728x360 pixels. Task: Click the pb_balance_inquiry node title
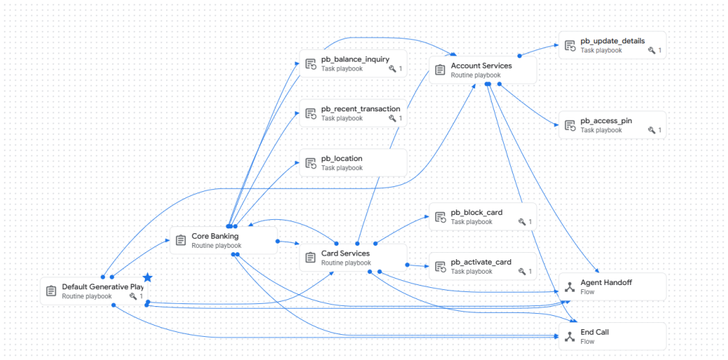pos(355,59)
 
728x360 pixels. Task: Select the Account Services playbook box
pos(483,70)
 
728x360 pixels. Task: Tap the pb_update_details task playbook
pos(612,46)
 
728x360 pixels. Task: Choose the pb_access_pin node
pos(612,125)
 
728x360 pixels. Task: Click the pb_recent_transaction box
pos(353,113)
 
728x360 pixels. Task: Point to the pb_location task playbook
pos(353,162)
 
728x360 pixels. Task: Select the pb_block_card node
pos(483,216)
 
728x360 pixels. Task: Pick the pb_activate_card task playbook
pos(483,266)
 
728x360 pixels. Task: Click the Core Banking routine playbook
pos(224,240)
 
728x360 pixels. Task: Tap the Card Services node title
pos(345,254)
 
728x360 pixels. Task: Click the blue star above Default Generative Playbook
pos(148,278)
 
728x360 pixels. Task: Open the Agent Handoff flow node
pos(612,286)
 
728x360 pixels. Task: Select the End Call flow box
pos(612,336)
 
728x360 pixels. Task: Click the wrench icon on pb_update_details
pos(652,50)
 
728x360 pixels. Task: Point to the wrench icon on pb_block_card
pos(522,222)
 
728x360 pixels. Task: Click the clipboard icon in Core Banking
pos(181,240)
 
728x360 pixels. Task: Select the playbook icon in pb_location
pos(310,163)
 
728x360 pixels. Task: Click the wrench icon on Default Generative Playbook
pos(133,296)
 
